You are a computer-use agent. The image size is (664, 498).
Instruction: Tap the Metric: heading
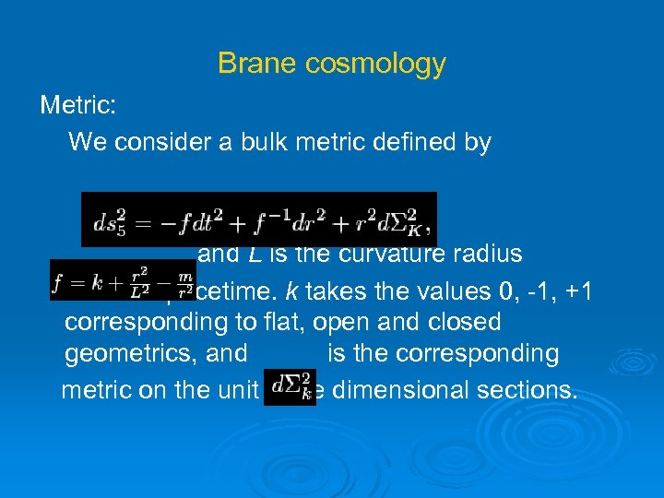77,105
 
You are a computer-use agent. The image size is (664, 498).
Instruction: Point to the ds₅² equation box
258,219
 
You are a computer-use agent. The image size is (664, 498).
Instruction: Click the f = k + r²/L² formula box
122,280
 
